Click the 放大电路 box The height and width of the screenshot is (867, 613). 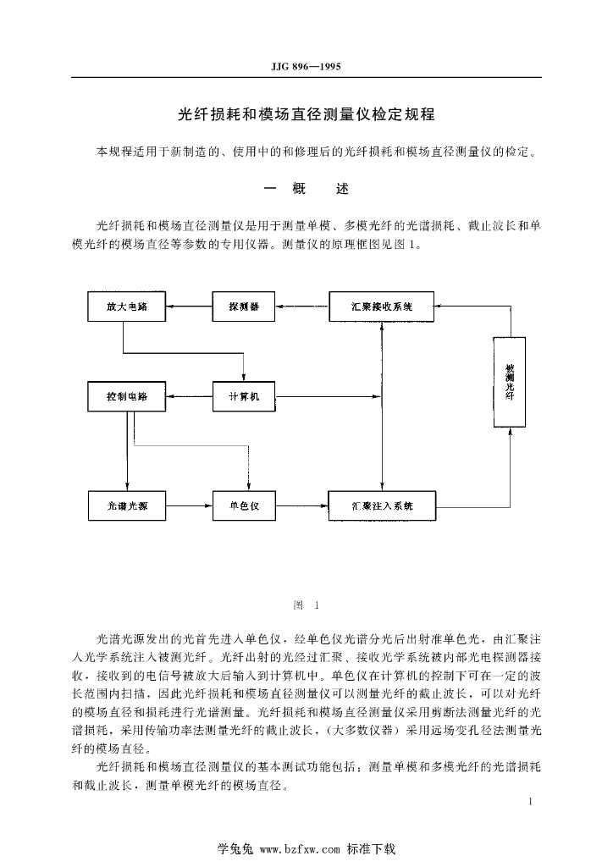coord(127,306)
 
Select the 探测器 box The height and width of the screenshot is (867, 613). coord(244,306)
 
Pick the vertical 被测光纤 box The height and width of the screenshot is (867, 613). coord(510,382)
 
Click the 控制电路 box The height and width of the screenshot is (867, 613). coord(127,396)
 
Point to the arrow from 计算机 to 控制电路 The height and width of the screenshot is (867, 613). coord(188,396)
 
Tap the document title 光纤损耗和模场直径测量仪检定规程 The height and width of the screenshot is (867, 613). coord(306,113)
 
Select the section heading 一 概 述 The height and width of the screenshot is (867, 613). coord(306,189)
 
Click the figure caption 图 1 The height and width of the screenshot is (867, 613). coord(306,605)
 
